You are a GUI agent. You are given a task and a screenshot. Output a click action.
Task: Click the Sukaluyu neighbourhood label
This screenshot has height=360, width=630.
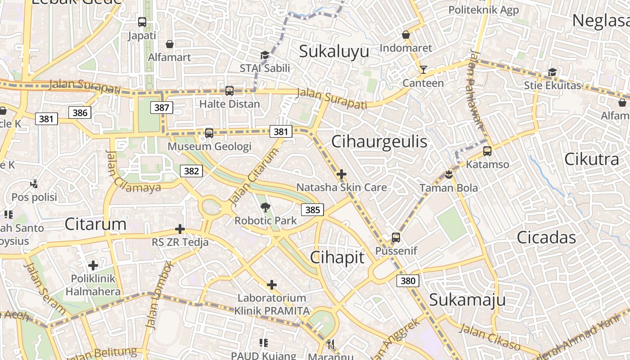tap(334, 51)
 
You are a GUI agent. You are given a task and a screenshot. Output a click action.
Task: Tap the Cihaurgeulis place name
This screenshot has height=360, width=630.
tap(379, 142)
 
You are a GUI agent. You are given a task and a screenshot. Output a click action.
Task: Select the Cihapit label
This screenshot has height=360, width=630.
tap(337, 257)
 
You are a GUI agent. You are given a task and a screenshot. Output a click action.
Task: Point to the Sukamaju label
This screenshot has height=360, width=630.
tap(468, 300)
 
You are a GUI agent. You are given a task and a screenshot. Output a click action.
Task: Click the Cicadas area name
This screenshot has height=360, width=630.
tap(546, 237)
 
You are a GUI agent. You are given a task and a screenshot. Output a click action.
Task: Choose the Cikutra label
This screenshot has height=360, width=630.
tap(591, 159)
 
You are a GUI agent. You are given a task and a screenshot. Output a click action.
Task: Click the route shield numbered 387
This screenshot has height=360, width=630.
tap(162, 108)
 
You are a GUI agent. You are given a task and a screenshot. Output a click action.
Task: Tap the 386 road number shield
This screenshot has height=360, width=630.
tap(80, 112)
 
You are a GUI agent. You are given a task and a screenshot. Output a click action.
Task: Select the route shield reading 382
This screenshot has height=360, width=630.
tap(191, 171)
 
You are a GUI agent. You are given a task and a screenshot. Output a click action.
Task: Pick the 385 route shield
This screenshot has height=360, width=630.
tap(312, 210)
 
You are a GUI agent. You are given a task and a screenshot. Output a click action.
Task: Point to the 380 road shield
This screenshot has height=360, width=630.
tap(408, 281)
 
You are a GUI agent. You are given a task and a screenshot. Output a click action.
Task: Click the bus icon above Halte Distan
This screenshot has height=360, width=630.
tap(229, 91)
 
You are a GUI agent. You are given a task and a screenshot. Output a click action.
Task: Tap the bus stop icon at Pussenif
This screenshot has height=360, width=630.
tap(396, 237)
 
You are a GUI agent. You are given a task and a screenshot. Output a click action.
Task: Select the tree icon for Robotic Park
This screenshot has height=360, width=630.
tap(265, 207)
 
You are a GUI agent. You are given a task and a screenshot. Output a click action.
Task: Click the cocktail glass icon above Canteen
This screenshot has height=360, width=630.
tap(423, 70)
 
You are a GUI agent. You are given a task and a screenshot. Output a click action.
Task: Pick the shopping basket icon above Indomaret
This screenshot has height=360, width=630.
tap(406, 35)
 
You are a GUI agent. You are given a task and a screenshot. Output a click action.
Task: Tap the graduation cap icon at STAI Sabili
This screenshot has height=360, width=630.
tap(265, 55)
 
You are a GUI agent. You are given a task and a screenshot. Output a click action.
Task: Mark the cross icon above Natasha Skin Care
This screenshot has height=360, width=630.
tap(342, 174)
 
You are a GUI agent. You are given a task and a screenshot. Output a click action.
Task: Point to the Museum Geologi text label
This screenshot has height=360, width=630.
tap(209, 146)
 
